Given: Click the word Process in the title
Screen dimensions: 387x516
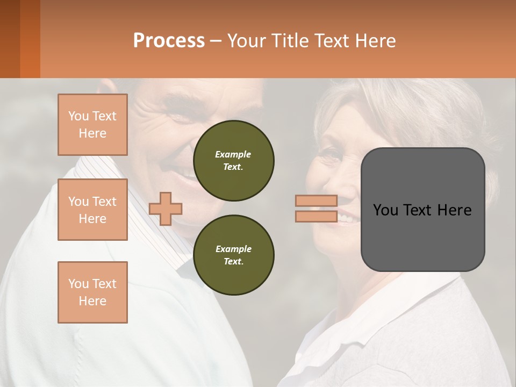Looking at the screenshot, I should [x=169, y=40].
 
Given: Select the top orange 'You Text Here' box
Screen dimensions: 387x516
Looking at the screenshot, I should [x=92, y=125].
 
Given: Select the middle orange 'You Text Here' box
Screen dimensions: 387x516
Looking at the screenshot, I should [x=92, y=210].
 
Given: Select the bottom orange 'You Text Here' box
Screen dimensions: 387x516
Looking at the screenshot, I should [x=92, y=292].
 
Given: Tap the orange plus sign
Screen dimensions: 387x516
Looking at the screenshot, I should [x=166, y=208].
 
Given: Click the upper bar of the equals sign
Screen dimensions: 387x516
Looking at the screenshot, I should [x=316, y=200].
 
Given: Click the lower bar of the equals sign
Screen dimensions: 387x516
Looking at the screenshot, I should [x=316, y=216].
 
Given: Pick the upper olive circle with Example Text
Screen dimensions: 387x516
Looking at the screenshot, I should [x=234, y=160].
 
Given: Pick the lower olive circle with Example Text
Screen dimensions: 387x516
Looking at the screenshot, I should [x=234, y=255].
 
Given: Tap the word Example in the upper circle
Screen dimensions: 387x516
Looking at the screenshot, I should [x=233, y=154].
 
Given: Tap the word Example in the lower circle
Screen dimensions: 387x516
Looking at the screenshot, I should [x=233, y=249].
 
